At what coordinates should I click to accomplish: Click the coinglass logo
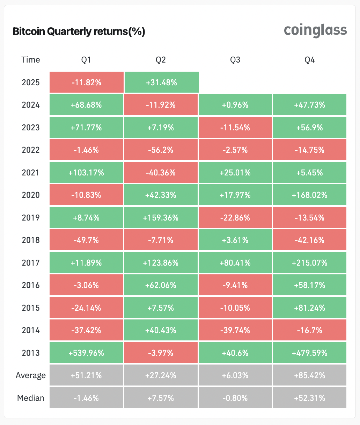click(315, 31)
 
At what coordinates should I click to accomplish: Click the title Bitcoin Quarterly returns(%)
click(79, 31)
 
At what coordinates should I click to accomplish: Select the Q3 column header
click(235, 60)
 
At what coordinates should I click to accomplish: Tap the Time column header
click(31, 60)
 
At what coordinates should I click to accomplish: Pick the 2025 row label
click(31, 82)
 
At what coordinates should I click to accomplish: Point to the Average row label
click(31, 375)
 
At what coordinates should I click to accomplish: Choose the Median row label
click(31, 398)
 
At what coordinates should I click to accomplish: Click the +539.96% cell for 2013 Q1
click(86, 353)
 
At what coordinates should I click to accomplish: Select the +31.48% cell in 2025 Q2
click(161, 82)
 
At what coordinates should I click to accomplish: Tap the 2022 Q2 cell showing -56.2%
click(161, 150)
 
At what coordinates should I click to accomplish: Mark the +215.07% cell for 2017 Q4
click(310, 262)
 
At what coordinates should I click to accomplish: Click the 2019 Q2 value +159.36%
click(161, 218)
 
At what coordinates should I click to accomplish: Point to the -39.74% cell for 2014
click(235, 330)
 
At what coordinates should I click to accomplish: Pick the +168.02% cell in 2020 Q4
click(310, 195)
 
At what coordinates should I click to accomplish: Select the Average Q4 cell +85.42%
click(310, 375)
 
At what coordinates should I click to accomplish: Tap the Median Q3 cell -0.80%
click(235, 398)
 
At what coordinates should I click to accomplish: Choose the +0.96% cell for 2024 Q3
click(235, 105)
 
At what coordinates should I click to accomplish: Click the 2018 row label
click(31, 240)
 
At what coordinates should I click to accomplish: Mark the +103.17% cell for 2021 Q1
click(86, 173)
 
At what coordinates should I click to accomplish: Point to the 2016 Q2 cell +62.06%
click(161, 285)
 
